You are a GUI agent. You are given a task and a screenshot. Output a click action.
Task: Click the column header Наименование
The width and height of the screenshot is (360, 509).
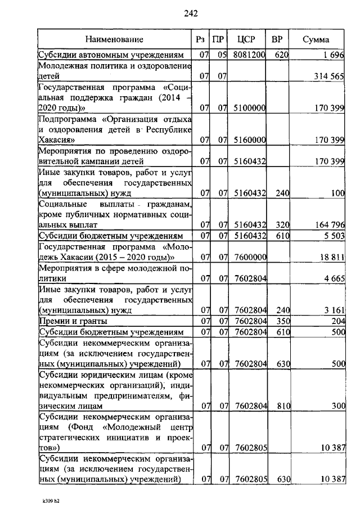(x=114, y=39)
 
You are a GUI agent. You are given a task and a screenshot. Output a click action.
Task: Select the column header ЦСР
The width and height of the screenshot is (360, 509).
(x=247, y=39)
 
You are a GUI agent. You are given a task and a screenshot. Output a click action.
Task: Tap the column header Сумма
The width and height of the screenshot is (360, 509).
(x=316, y=39)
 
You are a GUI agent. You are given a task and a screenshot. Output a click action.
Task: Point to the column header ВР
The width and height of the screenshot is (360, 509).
(x=277, y=39)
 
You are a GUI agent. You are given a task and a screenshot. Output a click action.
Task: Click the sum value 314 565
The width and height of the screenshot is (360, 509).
(x=328, y=76)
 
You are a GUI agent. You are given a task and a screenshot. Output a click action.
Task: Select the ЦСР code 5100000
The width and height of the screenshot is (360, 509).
(x=250, y=107)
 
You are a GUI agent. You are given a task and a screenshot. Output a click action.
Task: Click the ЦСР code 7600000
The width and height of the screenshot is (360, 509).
(x=250, y=256)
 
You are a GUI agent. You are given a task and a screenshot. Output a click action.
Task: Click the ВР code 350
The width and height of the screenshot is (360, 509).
(x=282, y=321)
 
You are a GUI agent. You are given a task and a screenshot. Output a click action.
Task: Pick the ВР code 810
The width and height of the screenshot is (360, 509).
(x=282, y=406)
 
